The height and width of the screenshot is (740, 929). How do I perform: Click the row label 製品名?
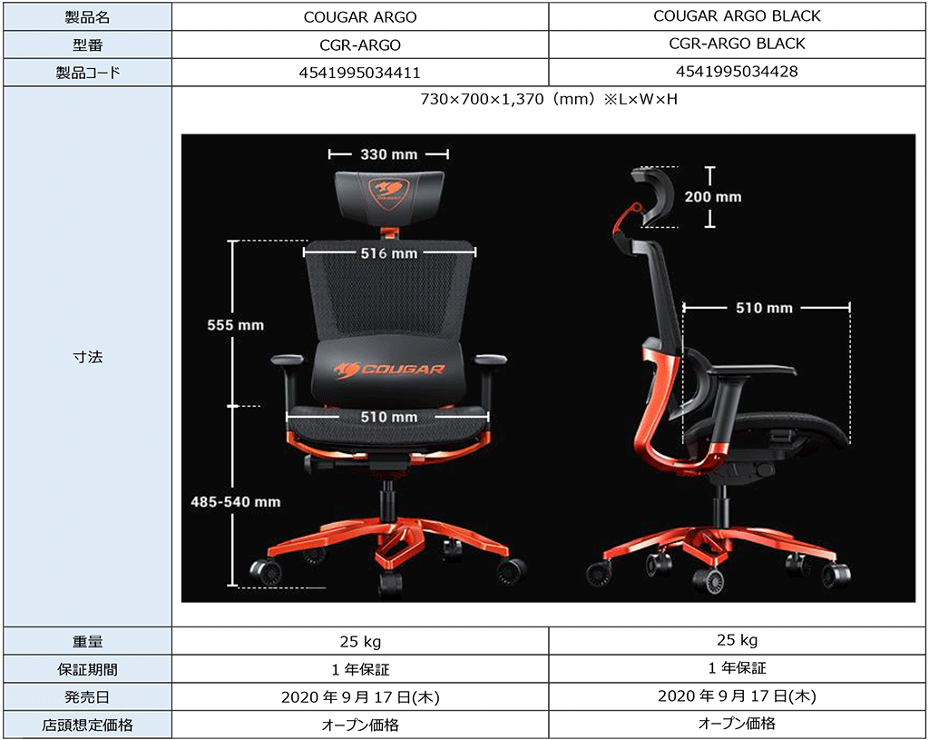[86, 16]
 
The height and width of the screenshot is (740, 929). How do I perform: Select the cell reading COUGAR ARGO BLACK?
[737, 15]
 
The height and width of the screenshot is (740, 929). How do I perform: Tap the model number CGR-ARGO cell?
[359, 44]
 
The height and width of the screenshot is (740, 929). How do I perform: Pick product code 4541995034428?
[737, 72]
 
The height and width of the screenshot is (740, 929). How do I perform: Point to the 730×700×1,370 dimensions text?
[549, 99]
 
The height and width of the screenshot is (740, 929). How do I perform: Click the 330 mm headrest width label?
[388, 154]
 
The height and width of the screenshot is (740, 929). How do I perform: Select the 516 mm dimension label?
[388, 253]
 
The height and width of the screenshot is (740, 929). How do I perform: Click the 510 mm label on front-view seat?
[388, 417]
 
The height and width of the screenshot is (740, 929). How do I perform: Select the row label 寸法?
[87, 357]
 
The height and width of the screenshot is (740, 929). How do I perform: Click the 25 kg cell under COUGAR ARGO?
[359, 642]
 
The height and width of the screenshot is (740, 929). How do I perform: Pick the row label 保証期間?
[87, 669]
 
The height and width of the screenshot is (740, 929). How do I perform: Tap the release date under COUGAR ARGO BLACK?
[737, 696]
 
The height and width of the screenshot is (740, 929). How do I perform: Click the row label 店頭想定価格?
[87, 725]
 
